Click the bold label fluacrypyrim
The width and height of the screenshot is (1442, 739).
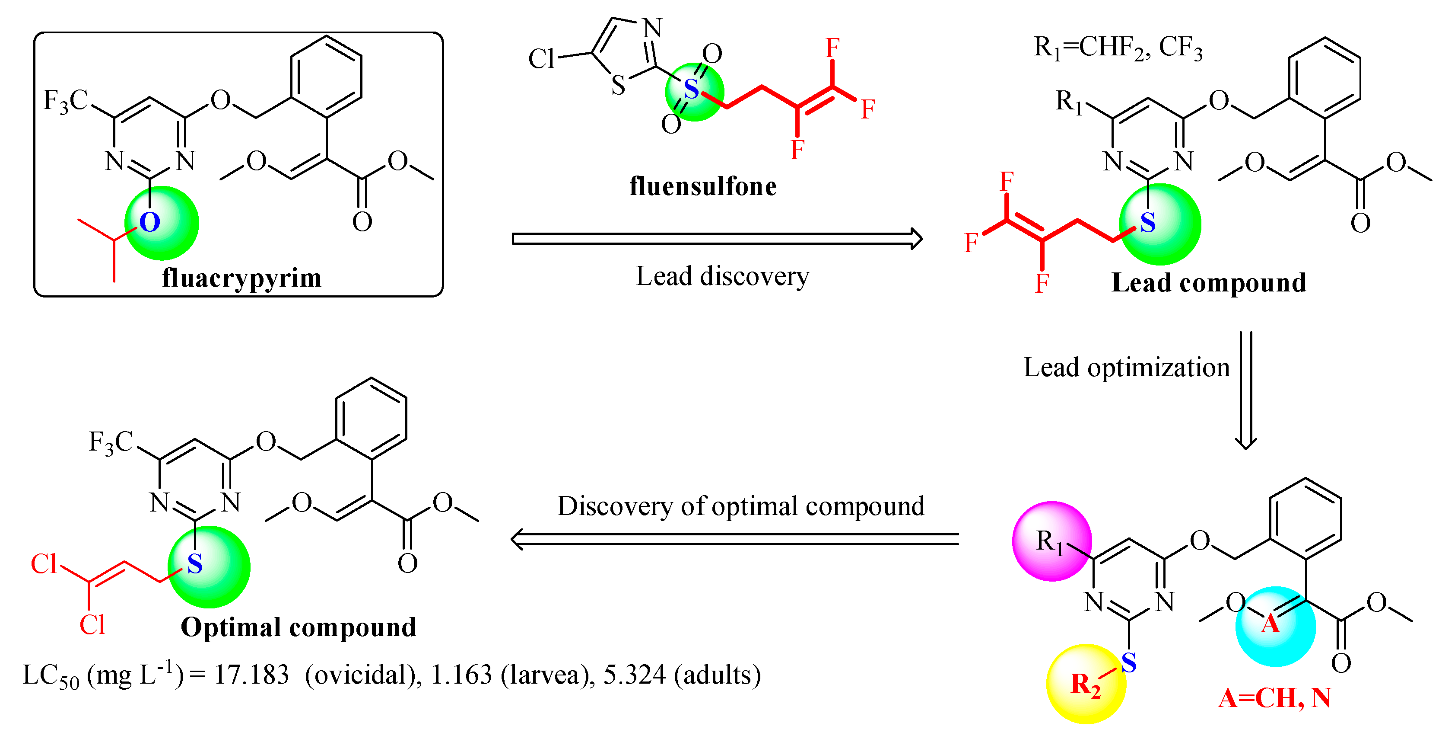(x=242, y=278)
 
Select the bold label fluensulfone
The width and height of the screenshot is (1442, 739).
(x=703, y=186)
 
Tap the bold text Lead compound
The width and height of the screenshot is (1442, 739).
(x=1209, y=282)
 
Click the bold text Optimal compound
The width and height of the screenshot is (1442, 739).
(x=299, y=627)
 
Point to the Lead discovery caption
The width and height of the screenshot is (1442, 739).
(x=722, y=276)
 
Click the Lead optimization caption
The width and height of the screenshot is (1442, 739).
(x=1126, y=368)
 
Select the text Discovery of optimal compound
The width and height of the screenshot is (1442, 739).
(x=740, y=506)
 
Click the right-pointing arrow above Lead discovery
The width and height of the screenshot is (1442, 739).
(x=717, y=239)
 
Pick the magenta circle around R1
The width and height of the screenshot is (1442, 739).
(x=1052, y=541)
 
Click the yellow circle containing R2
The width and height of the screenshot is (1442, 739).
(x=1086, y=684)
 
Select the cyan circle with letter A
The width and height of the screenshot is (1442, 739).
(x=1276, y=627)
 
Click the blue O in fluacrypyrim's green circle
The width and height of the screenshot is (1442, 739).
(x=149, y=222)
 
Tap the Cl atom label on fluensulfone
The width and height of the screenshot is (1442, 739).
(x=541, y=59)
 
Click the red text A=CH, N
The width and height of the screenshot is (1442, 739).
(x=1274, y=698)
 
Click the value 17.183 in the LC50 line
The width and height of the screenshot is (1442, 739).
(x=251, y=675)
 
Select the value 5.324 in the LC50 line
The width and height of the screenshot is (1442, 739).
(x=634, y=675)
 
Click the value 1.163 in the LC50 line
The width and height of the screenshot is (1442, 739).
(x=461, y=675)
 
